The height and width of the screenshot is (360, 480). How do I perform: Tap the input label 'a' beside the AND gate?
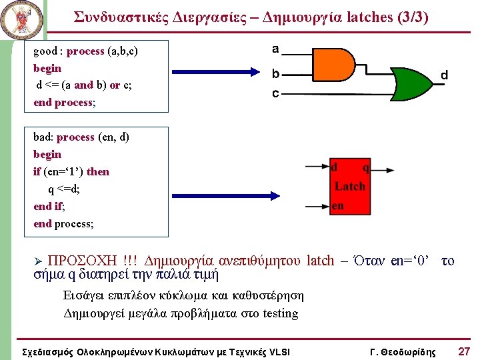click(275, 49)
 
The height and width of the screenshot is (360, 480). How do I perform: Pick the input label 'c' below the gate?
click(275, 94)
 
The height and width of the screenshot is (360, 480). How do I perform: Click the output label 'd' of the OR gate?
click(443, 77)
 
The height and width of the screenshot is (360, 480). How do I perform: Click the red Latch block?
click(349, 187)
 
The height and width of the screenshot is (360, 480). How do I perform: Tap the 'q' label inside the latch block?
click(365, 167)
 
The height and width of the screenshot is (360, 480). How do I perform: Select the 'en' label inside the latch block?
click(338, 205)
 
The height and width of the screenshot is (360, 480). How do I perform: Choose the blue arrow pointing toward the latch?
click(220, 196)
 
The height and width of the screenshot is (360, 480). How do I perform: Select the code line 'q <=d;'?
click(65, 189)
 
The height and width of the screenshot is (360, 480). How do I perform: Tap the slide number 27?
click(464, 351)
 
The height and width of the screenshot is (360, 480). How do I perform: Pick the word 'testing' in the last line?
click(281, 313)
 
